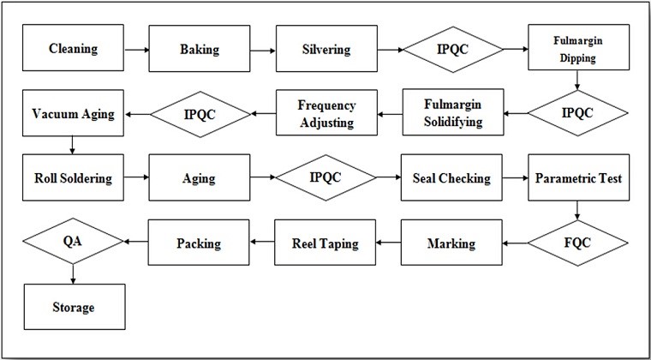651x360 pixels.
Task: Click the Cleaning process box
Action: [x=73, y=48]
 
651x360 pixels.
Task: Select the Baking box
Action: [x=200, y=49]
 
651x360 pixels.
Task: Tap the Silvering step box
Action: [x=326, y=49]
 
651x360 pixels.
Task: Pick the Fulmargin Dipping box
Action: [x=578, y=47]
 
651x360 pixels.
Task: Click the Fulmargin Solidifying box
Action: [x=453, y=112]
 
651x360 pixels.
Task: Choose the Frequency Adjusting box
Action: [x=326, y=112]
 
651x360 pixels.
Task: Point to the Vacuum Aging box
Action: [x=73, y=113]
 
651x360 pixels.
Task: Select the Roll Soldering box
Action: [x=73, y=177]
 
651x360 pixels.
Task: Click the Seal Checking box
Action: [x=451, y=177]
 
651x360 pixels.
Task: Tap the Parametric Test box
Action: [x=578, y=177]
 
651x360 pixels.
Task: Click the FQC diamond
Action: [x=578, y=243]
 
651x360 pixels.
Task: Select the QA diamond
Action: [x=73, y=241]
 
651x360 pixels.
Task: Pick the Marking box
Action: [x=451, y=243]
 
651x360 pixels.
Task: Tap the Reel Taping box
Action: [x=325, y=243]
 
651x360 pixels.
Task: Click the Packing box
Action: [x=199, y=243]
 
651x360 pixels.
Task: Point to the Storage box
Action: [x=75, y=307]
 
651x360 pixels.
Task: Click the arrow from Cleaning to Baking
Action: [x=136, y=50]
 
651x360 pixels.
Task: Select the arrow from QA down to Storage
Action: [x=73, y=274]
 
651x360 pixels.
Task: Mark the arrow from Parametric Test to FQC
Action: [x=577, y=211]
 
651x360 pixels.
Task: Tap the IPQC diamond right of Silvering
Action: [x=453, y=50]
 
